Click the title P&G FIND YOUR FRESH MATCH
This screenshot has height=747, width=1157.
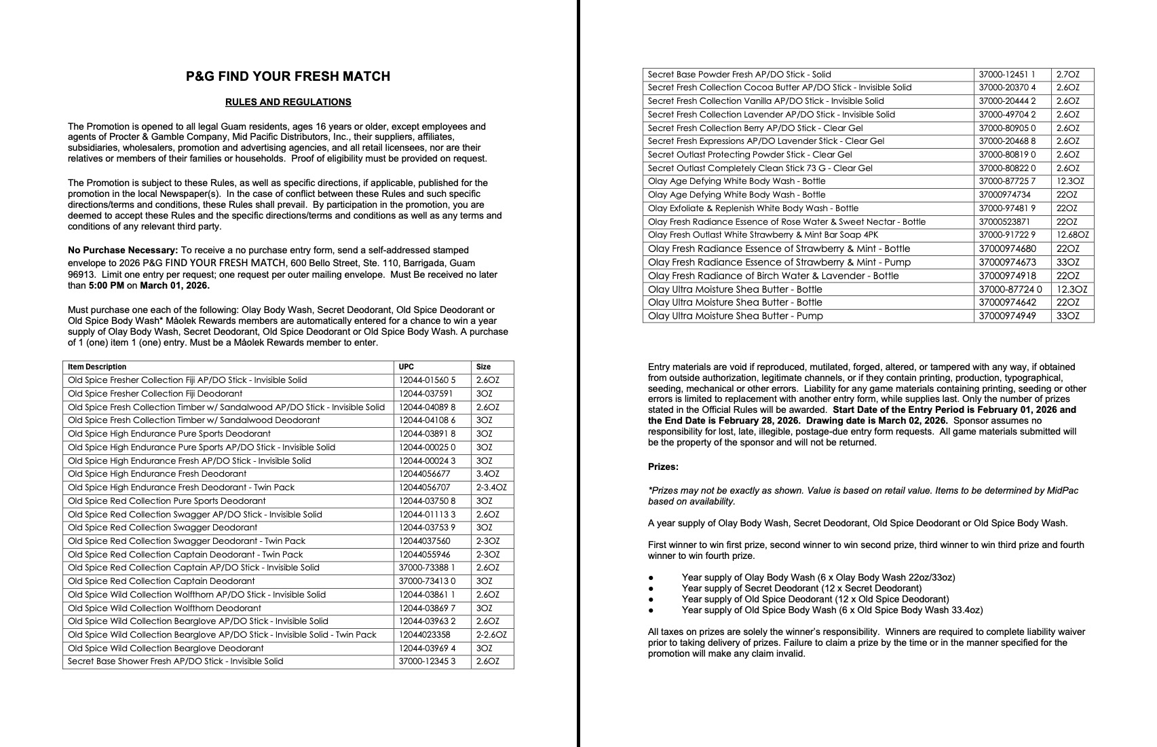[x=288, y=77]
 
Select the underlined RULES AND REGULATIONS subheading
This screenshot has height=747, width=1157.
[x=288, y=103]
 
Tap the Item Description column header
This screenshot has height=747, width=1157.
[x=97, y=367]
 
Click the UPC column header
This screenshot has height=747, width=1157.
[x=406, y=367]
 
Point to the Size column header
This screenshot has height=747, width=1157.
[x=483, y=367]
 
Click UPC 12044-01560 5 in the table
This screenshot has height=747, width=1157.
[x=427, y=380]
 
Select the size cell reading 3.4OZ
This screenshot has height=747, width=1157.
[x=487, y=474]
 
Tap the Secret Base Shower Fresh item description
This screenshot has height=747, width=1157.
[x=176, y=661]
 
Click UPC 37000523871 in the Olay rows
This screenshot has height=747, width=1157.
[x=1004, y=222]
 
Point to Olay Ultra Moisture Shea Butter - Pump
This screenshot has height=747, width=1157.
[x=735, y=316]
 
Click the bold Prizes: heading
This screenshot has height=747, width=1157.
[x=663, y=467]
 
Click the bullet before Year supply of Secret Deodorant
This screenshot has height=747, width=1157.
[x=651, y=589]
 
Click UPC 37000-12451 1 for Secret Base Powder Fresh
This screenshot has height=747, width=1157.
[x=1007, y=75]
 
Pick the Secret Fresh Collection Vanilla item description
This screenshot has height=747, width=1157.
[x=765, y=101]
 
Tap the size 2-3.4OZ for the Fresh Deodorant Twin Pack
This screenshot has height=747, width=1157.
[x=491, y=488]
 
